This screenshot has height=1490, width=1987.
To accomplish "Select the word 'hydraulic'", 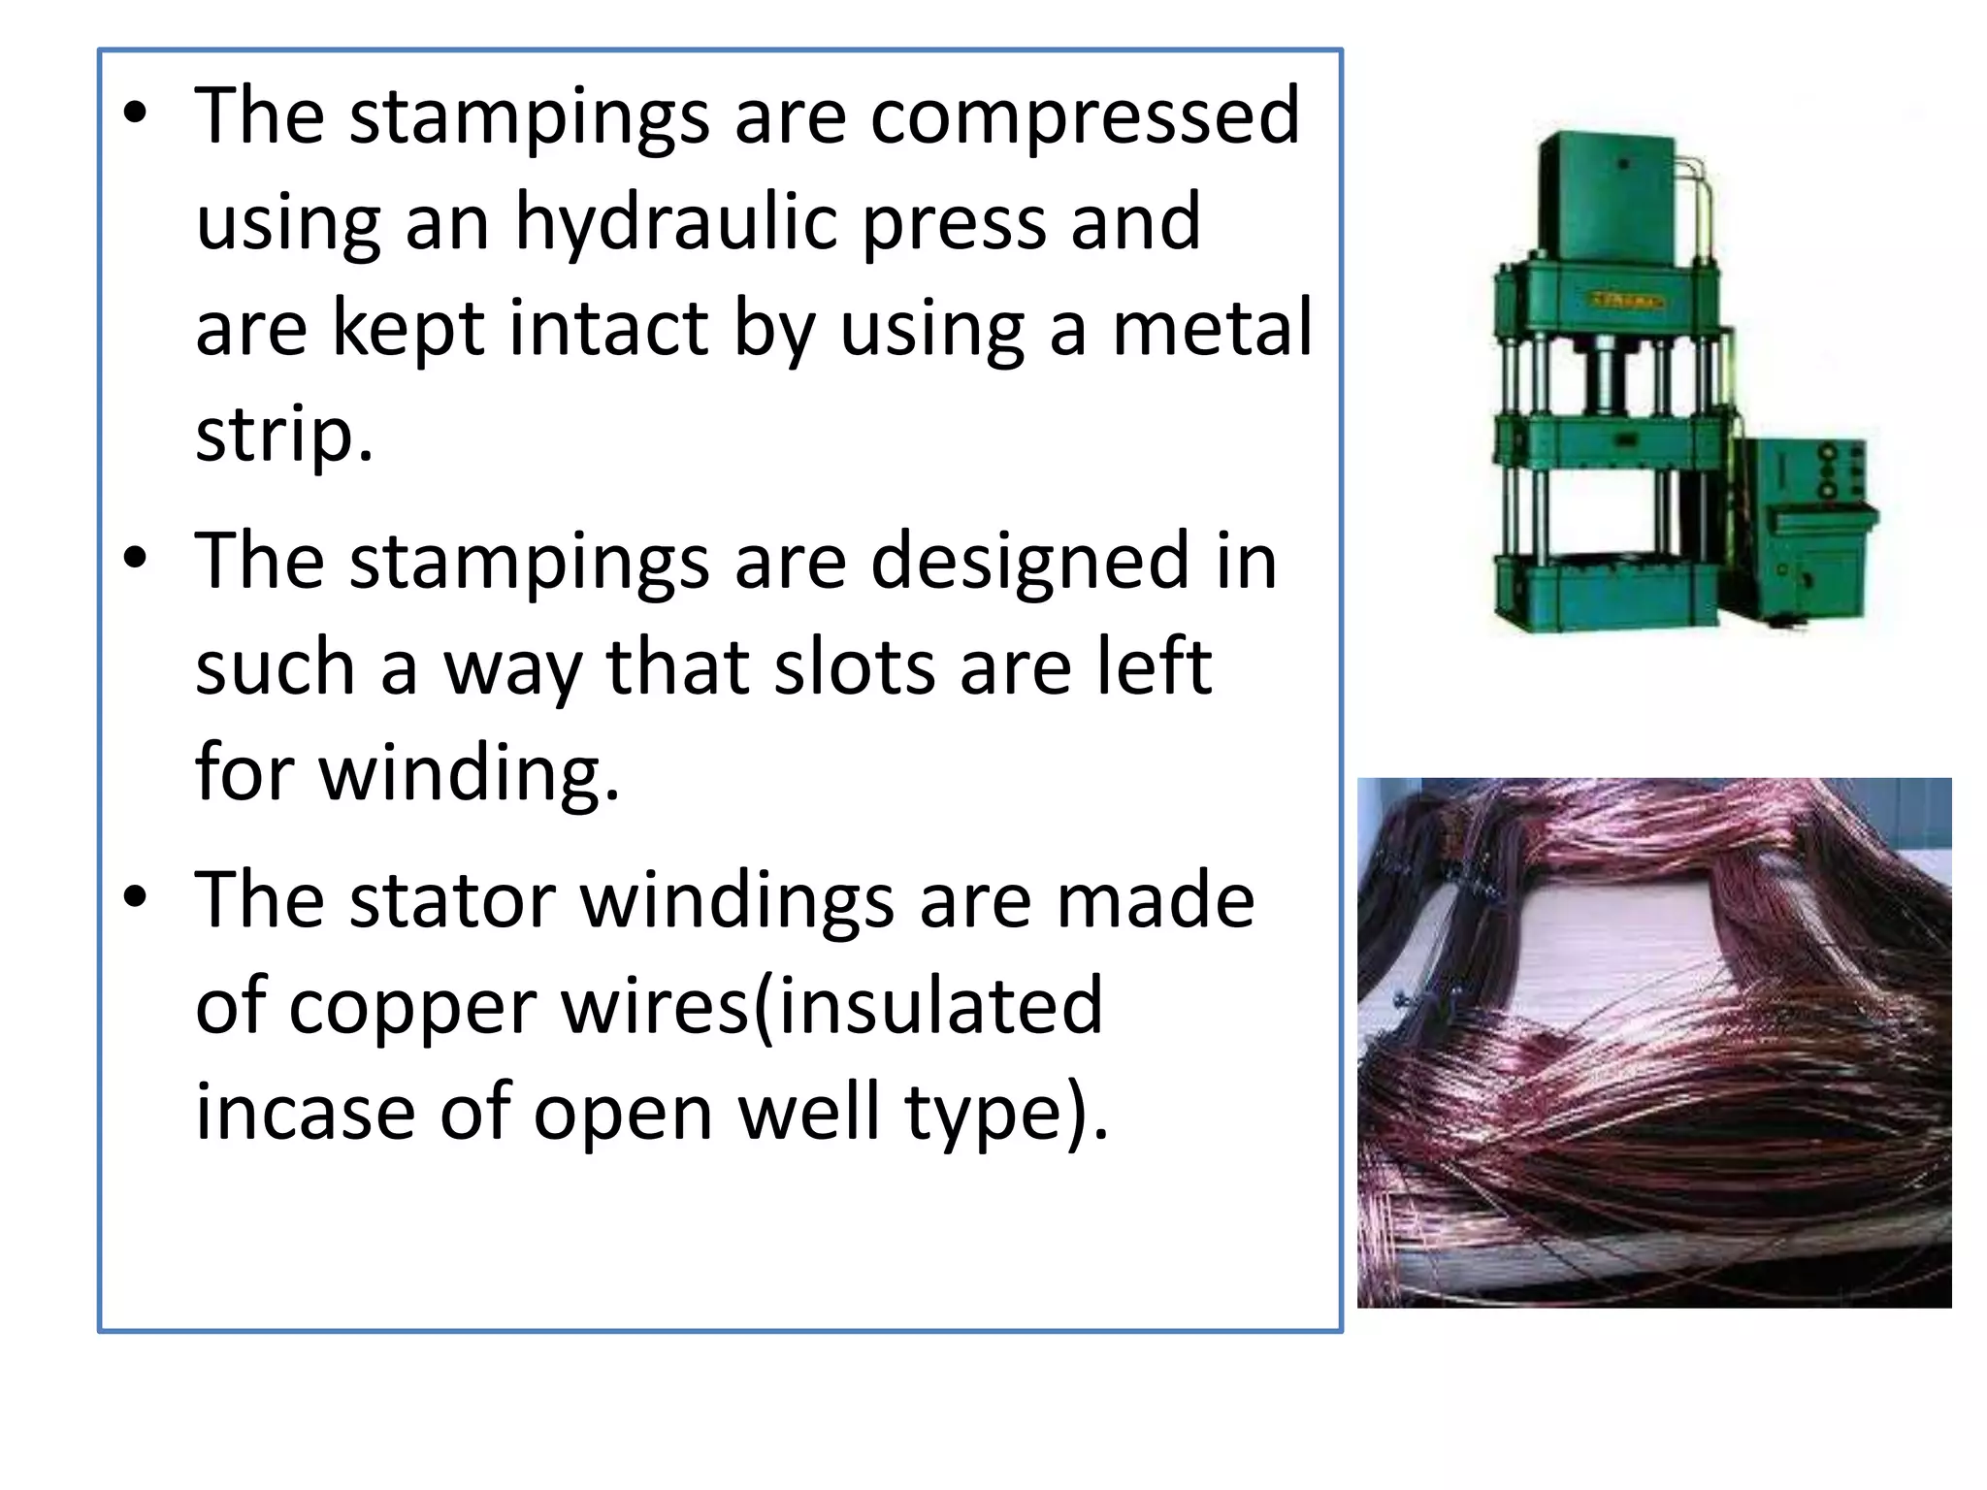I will tap(674, 222).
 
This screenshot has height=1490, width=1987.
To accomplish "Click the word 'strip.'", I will tap(283, 435).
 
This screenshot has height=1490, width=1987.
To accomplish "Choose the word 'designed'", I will tap(1029, 562).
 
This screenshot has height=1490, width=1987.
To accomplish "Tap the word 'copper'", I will tap(412, 1007).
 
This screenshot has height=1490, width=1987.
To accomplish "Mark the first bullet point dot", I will tap(136, 113).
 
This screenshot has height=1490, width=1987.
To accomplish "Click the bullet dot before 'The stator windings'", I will tap(136, 897).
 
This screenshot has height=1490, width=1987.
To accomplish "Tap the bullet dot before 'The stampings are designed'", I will tap(136, 558).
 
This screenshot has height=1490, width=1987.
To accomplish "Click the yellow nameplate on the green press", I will tap(1626, 300).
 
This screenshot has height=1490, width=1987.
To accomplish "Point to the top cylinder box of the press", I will tap(1606, 199).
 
